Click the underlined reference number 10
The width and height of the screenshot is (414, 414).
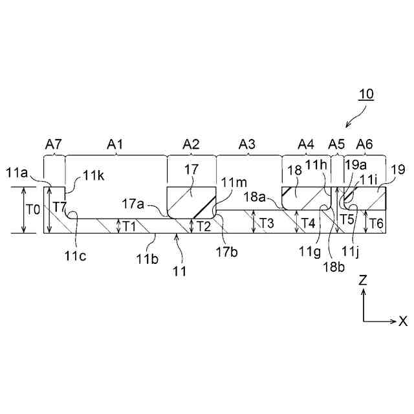pos(366,94)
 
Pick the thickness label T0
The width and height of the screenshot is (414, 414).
pos(32,210)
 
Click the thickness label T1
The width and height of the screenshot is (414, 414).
pos(129,226)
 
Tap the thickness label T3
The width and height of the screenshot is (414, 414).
pos(266,223)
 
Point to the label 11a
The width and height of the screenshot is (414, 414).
pos(18,172)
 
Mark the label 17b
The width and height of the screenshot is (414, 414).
pos(227,251)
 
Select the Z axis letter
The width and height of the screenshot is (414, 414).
pos(364,280)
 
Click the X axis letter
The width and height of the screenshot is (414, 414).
pos(403,321)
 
